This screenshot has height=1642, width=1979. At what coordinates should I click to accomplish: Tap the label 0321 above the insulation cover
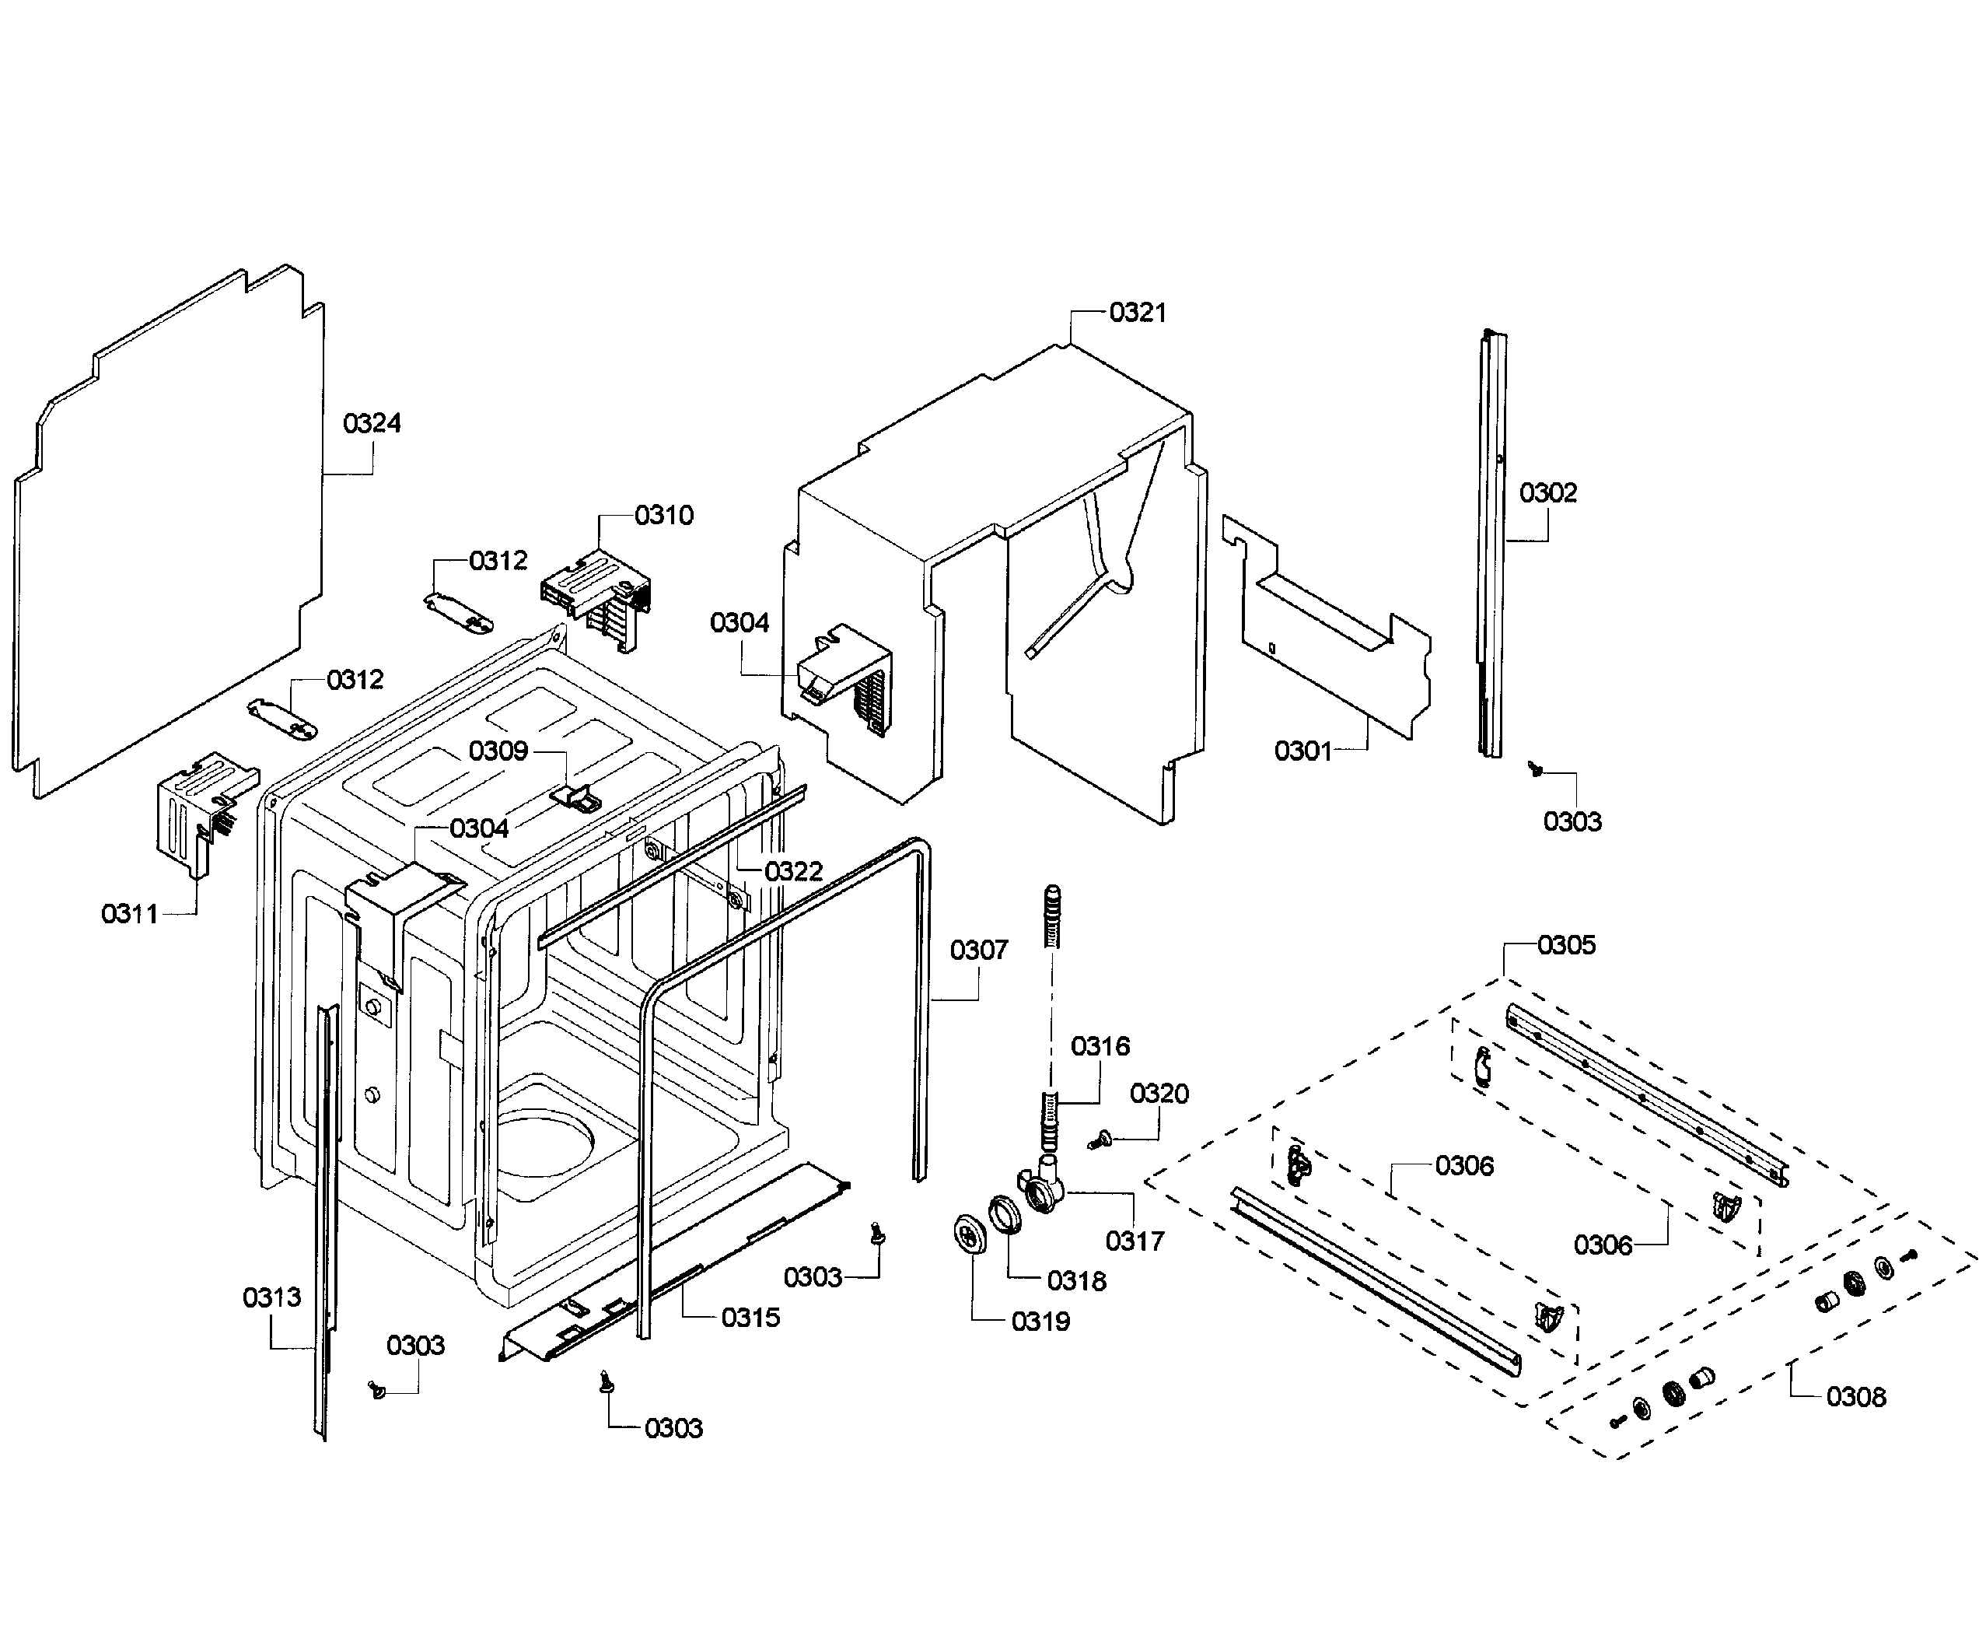click(x=1138, y=313)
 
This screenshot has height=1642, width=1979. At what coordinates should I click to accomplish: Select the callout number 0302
click(x=1547, y=493)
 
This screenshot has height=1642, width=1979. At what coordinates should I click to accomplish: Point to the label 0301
click(x=1302, y=751)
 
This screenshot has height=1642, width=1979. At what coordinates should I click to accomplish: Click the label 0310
click(x=663, y=516)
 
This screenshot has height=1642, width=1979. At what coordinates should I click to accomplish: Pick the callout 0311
click(x=129, y=913)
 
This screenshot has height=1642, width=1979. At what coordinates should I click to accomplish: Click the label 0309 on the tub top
click(x=498, y=751)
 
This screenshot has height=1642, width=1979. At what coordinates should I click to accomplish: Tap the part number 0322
click(x=792, y=872)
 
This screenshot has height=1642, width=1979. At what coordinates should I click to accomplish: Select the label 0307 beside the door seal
click(x=978, y=951)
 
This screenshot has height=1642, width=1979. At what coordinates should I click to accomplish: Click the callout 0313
click(x=271, y=1298)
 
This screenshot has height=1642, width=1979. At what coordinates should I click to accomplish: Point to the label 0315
click(x=750, y=1318)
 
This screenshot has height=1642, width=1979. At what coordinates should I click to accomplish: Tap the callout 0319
click(x=1040, y=1322)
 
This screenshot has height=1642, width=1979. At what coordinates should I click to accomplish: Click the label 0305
click(x=1566, y=945)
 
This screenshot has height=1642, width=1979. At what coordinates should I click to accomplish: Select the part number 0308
click(x=1855, y=1397)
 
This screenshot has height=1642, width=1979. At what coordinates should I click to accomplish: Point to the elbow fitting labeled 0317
click(x=1041, y=1189)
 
